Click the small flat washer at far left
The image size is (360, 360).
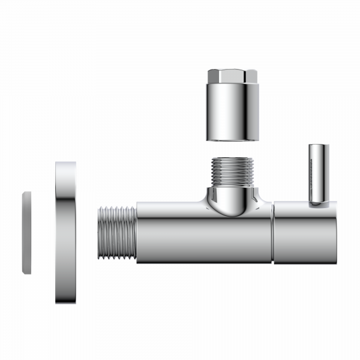click(26, 232)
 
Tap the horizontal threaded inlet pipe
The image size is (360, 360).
click(116, 232)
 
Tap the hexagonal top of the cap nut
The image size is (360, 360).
click(232, 77)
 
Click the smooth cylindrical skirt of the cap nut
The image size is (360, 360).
click(232, 117)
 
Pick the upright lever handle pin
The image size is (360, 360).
click(317, 174)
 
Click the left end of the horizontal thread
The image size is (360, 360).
click(99, 232)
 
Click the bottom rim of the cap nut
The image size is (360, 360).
click(232, 140)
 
